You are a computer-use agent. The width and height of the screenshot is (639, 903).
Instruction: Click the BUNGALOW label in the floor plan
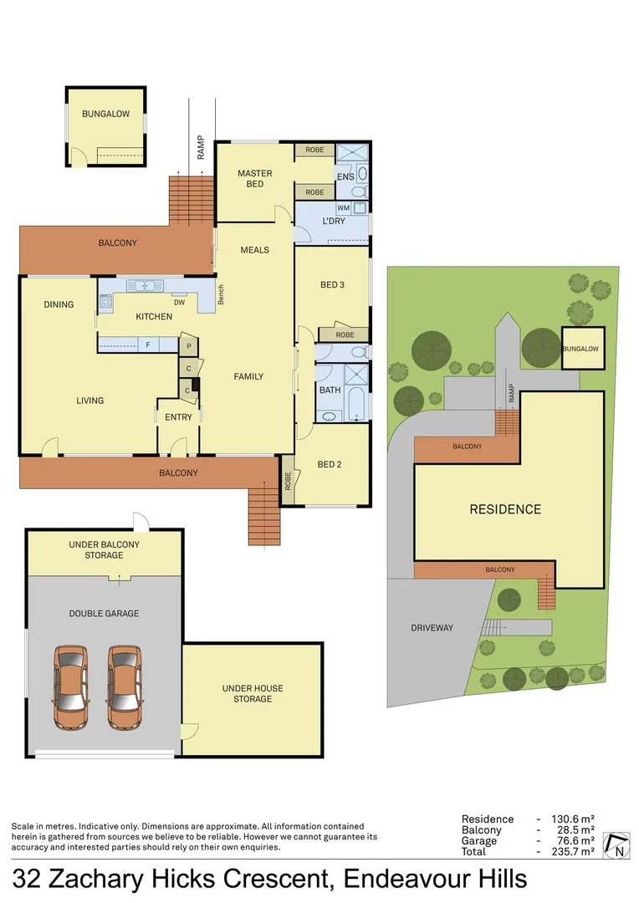tap(105, 114)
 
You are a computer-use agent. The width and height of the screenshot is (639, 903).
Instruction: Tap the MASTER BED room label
tap(255, 179)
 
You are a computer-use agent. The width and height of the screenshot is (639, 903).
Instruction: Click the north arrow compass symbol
tap(618, 845)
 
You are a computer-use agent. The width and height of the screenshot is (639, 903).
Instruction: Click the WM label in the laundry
tap(343, 207)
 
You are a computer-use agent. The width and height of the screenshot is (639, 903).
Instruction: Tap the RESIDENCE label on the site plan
tap(504, 509)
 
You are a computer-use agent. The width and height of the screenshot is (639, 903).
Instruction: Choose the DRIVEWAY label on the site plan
tap(432, 627)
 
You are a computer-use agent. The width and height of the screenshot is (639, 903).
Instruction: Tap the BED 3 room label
tap(332, 285)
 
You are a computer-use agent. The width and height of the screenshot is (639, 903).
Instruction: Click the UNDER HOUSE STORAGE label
tap(253, 693)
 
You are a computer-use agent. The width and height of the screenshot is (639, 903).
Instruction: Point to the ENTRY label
tap(178, 417)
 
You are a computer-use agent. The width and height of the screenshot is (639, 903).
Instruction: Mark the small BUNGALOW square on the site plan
tap(580, 349)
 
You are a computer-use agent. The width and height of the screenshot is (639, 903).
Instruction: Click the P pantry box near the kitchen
tap(190, 346)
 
